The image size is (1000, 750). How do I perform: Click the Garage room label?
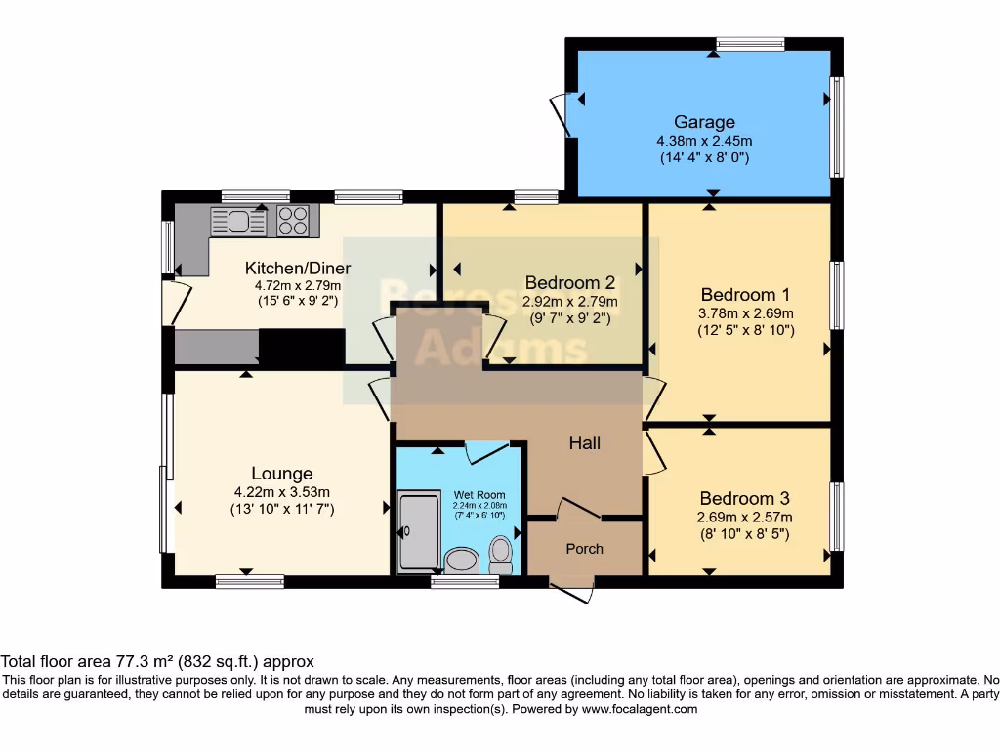(x=703, y=122)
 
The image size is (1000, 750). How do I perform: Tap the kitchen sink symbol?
(x=238, y=222)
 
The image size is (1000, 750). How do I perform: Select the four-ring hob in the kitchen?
(x=293, y=222)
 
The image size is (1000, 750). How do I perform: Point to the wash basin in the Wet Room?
(x=460, y=560)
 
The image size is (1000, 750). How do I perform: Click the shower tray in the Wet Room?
(x=420, y=532)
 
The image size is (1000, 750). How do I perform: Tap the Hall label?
(x=584, y=442)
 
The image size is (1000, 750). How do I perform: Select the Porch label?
(x=584, y=549)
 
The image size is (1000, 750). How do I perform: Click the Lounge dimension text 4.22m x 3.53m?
(x=282, y=492)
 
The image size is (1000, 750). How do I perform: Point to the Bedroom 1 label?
(x=745, y=294)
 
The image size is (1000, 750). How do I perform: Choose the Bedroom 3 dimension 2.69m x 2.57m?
(x=745, y=518)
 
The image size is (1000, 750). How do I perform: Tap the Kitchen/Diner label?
(x=297, y=269)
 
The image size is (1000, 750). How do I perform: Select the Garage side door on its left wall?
(x=561, y=113)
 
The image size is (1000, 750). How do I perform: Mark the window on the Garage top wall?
(x=749, y=44)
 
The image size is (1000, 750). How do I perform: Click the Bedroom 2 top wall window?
(x=535, y=197)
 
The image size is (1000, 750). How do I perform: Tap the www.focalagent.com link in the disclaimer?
(x=640, y=709)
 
